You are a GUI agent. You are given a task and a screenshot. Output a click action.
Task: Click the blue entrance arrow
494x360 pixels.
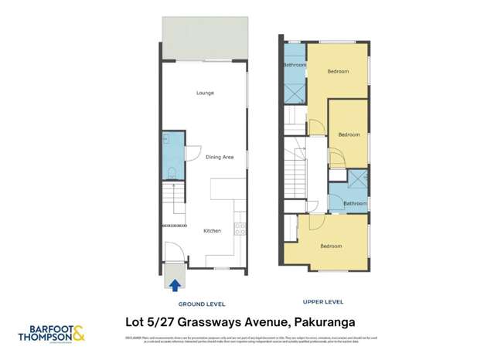coord(175,285)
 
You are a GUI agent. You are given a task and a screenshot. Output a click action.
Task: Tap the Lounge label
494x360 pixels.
coord(204,93)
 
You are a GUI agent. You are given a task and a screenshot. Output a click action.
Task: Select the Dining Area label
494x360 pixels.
coord(220,157)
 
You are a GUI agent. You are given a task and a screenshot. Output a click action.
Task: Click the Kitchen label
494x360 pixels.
coord(212,231)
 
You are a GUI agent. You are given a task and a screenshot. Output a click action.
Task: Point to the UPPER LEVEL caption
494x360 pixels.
coord(323,302)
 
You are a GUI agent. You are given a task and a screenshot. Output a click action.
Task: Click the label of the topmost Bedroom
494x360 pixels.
coord(338,72)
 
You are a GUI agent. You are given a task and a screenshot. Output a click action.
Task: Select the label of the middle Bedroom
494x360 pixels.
coord(349,134)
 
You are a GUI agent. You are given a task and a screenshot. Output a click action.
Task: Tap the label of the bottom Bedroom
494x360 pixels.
coord(331,246)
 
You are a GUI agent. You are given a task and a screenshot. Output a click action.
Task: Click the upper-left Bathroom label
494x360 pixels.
coord(295,66)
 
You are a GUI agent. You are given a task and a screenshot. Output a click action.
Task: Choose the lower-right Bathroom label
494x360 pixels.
coord(355,203)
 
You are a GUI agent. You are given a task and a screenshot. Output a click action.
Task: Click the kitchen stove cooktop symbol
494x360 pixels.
coord(240,228)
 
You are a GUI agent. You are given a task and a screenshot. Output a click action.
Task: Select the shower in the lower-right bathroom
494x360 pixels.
coord(357,180)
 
